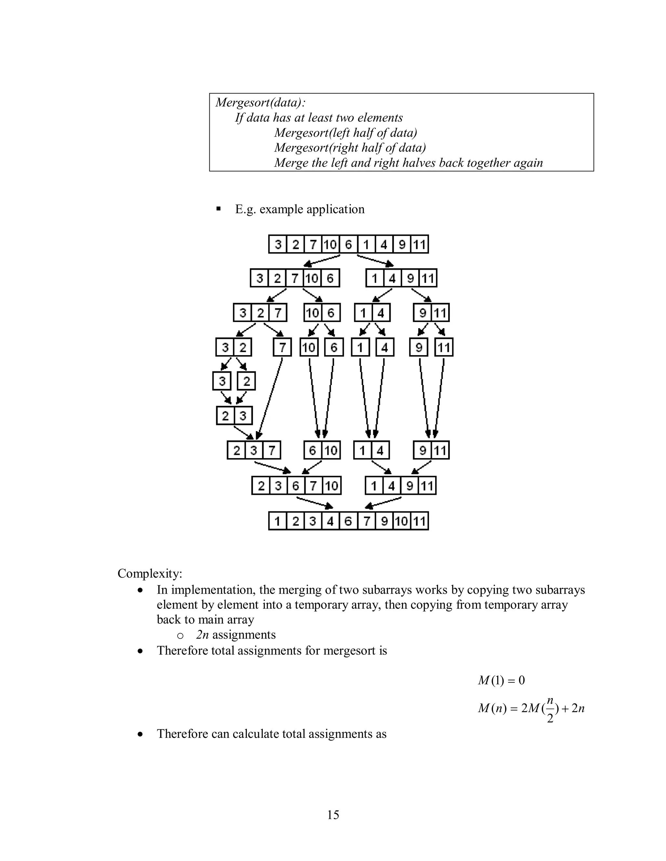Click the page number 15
point(333,815)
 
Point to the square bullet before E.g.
point(218,209)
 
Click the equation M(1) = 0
point(501,680)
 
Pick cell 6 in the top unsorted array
point(348,244)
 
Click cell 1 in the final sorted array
point(278,521)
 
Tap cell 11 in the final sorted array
point(420,521)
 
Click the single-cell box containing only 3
point(222,381)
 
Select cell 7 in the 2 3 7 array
point(272,450)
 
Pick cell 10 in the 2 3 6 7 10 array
point(332,486)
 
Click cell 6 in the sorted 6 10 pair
point(313,450)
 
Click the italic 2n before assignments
point(202,635)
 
